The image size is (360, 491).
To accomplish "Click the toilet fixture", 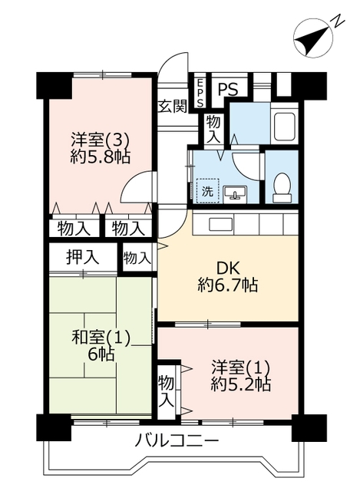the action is [x=282, y=187].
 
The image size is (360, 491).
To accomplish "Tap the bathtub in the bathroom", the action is [x=285, y=127].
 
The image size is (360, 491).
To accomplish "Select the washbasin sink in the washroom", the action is [x=235, y=193].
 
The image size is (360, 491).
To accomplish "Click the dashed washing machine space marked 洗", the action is [x=207, y=191].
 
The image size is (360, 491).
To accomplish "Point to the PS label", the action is [x=228, y=90].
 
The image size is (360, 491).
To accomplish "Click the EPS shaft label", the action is [x=200, y=92].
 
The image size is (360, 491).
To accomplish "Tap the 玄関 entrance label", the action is [x=172, y=107].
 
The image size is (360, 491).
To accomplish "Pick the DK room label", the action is [x=228, y=269].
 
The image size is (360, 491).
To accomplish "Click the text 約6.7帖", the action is [x=228, y=285].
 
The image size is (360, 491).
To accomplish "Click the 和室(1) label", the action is [x=101, y=338].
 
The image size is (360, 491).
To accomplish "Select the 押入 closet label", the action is [x=83, y=258].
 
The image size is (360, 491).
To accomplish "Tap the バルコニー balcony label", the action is [x=177, y=442].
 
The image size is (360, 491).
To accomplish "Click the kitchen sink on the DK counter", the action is [x=221, y=225].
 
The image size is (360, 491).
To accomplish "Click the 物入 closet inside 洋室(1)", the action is [x=166, y=391].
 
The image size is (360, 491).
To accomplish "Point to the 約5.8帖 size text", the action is [x=101, y=157].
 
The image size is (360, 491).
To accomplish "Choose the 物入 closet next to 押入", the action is [x=136, y=259].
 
